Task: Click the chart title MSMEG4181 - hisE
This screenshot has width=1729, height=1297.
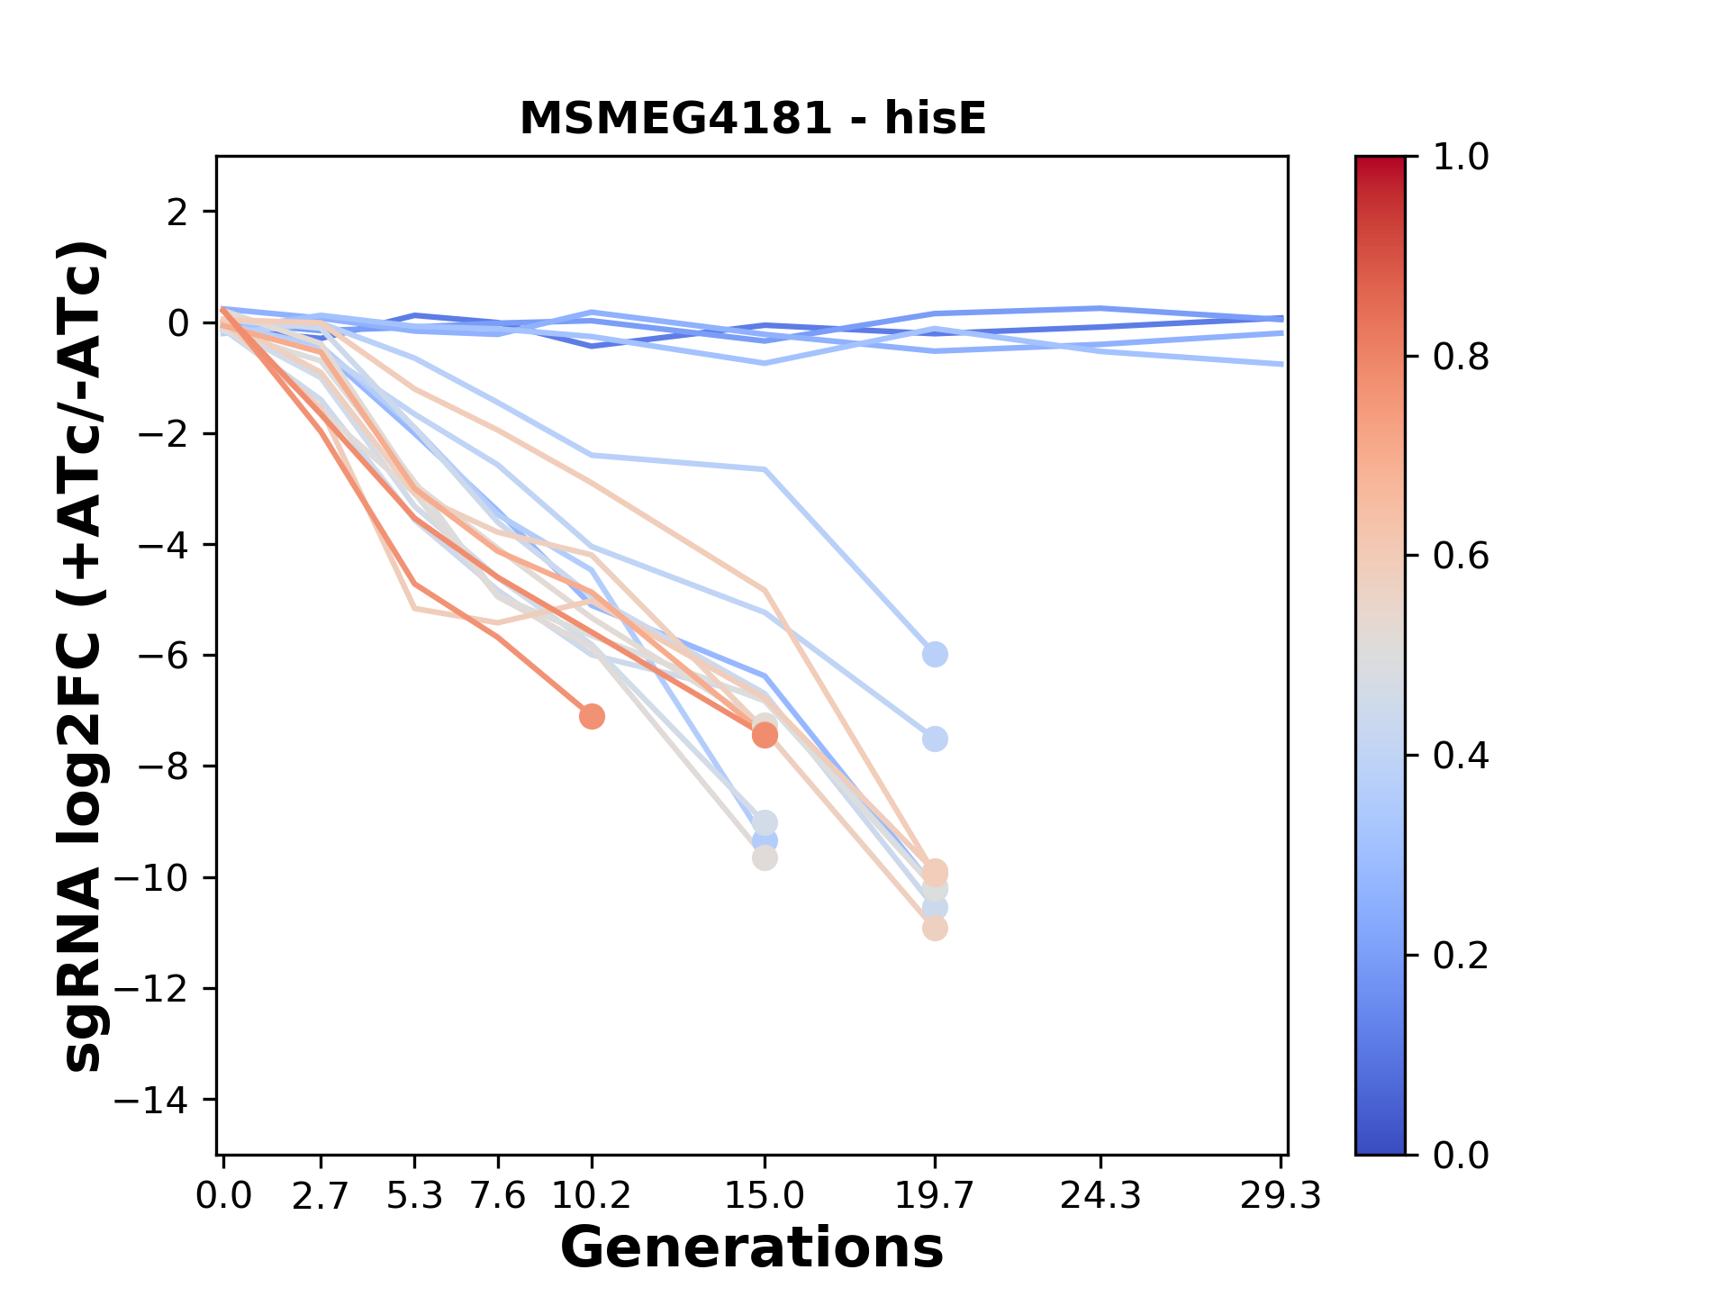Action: (753, 119)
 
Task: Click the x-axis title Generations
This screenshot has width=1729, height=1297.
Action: (752, 1248)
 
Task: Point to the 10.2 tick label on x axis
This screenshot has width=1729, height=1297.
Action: (592, 1196)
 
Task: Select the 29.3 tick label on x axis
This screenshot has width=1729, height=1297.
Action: (1281, 1196)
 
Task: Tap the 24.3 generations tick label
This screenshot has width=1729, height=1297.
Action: (1100, 1196)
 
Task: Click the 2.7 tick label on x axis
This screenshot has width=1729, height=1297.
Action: (321, 1196)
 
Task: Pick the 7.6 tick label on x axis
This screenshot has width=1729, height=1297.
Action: (498, 1196)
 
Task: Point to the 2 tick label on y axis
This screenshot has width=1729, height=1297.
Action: (178, 213)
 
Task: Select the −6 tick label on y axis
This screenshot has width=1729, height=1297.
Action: (162, 656)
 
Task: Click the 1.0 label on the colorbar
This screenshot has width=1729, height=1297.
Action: (1461, 158)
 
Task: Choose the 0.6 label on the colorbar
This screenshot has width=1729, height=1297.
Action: (1461, 557)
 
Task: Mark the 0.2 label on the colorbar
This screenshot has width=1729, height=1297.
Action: (1461, 956)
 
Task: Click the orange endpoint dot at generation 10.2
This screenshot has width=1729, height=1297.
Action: (592, 717)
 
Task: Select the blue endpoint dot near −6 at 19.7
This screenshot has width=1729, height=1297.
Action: (935, 655)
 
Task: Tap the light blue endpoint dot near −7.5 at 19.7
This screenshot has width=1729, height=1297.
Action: (935, 739)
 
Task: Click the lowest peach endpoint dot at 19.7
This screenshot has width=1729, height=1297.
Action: (935, 929)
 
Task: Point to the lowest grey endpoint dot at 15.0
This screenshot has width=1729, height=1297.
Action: (765, 858)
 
